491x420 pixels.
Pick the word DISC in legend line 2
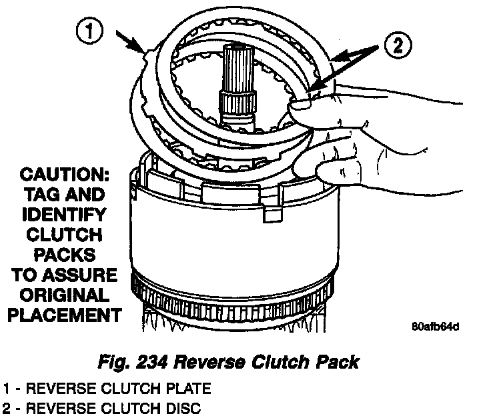181,407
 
